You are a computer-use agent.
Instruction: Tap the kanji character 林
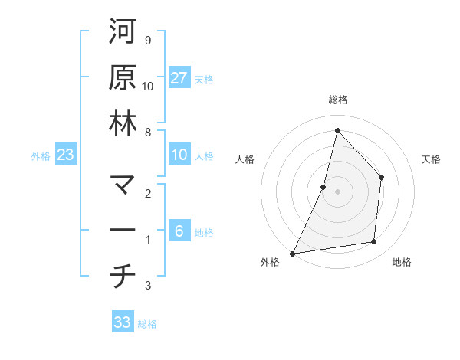[122, 123]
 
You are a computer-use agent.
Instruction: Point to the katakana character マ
[122, 185]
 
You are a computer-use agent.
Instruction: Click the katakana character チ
[122, 277]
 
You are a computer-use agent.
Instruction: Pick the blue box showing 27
[179, 77]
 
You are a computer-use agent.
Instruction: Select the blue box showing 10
[179, 155]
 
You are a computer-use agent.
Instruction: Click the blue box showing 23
[66, 155]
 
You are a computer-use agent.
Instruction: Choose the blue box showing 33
[123, 322]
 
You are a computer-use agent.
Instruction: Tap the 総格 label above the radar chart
[337, 100]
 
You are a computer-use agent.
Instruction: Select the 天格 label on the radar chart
[432, 159]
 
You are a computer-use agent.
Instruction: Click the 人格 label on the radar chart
[245, 159]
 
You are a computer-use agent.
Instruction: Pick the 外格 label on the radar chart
[270, 262]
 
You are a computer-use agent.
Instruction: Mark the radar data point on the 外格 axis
[293, 253]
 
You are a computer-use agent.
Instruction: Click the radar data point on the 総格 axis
[337, 130]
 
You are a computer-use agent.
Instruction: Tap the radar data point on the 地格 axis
[374, 242]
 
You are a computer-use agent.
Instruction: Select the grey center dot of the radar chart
[337, 191]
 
